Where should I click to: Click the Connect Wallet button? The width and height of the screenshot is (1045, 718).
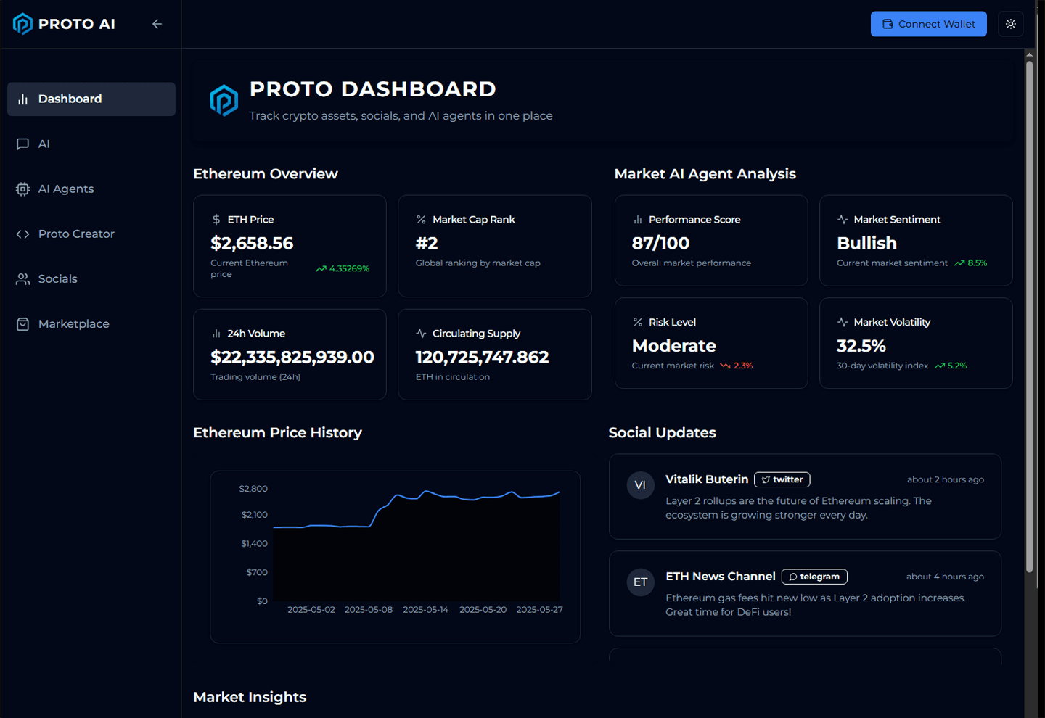coord(928,24)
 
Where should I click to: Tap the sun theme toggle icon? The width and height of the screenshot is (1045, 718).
coord(1010,24)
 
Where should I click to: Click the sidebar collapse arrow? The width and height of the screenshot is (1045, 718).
coord(157,24)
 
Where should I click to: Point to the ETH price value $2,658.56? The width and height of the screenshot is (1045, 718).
coord(252,243)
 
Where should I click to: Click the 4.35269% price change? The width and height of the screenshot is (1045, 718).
coord(349,268)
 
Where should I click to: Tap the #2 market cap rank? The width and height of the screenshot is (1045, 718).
coord(427,243)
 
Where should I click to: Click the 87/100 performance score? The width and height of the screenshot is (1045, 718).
coord(660,243)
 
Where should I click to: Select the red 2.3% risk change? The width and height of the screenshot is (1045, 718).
coord(743,366)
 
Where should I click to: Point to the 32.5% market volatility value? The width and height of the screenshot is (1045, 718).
coord(861,345)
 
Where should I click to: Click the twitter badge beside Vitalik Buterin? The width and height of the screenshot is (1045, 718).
coord(782,479)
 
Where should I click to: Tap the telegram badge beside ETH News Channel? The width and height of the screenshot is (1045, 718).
coord(814,577)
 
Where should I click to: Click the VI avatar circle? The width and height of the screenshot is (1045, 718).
coord(640,485)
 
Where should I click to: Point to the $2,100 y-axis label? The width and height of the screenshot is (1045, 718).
coord(254,515)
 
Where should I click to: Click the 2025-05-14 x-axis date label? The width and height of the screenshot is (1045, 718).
coord(425,609)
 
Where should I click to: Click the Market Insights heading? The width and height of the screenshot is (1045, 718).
coord(250,696)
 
